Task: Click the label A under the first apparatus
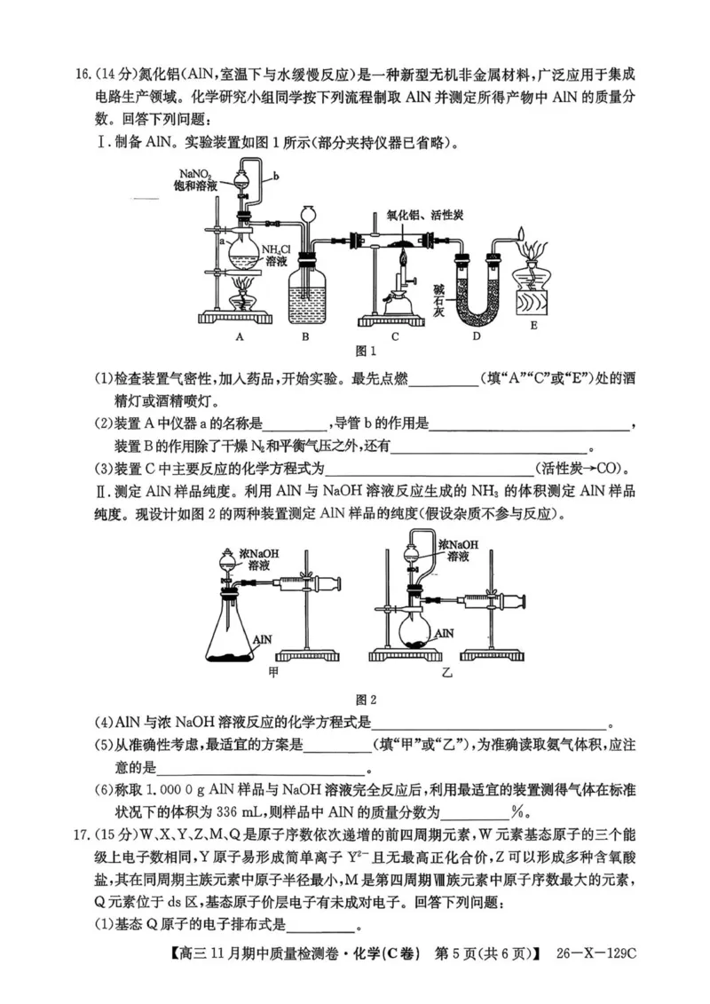pyautogui.click(x=240, y=336)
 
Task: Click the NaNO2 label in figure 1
pyautogui.click(x=195, y=174)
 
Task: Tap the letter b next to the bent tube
pyautogui.click(x=276, y=177)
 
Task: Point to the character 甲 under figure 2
pyautogui.click(x=272, y=672)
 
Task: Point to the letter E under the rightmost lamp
pyautogui.click(x=533, y=336)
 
